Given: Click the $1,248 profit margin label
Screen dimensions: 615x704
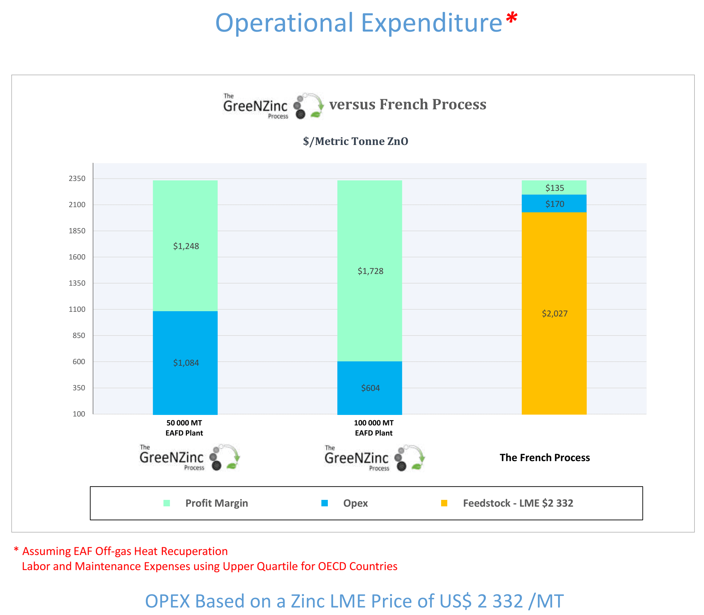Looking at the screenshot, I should click(x=186, y=246).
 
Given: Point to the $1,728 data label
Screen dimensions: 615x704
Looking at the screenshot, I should click(x=370, y=271).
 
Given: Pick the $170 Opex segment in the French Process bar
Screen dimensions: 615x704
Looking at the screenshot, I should click(x=554, y=203).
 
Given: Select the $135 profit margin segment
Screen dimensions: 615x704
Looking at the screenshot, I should click(x=554, y=187).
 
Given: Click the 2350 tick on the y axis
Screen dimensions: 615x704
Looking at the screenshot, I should click(x=77, y=179).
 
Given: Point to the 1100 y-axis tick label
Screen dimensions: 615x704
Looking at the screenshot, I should click(x=77, y=309).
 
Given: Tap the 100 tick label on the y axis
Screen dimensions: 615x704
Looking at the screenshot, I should click(x=78, y=414).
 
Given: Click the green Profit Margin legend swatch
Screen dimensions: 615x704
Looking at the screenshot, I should click(x=167, y=503).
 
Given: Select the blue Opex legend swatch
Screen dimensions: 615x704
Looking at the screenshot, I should click(x=324, y=503).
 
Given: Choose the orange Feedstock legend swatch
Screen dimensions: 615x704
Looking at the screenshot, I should click(x=444, y=503).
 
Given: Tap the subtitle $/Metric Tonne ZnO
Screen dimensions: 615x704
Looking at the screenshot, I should click(x=355, y=141).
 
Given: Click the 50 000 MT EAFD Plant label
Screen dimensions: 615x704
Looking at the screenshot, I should click(x=184, y=428).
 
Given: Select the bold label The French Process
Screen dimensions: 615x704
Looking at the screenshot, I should click(x=544, y=457).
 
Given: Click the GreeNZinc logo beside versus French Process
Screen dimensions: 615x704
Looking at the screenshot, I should click(x=273, y=106).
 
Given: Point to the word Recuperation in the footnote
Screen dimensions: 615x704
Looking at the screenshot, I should click(x=194, y=551).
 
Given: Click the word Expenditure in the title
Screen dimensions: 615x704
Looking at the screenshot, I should click(x=432, y=23).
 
